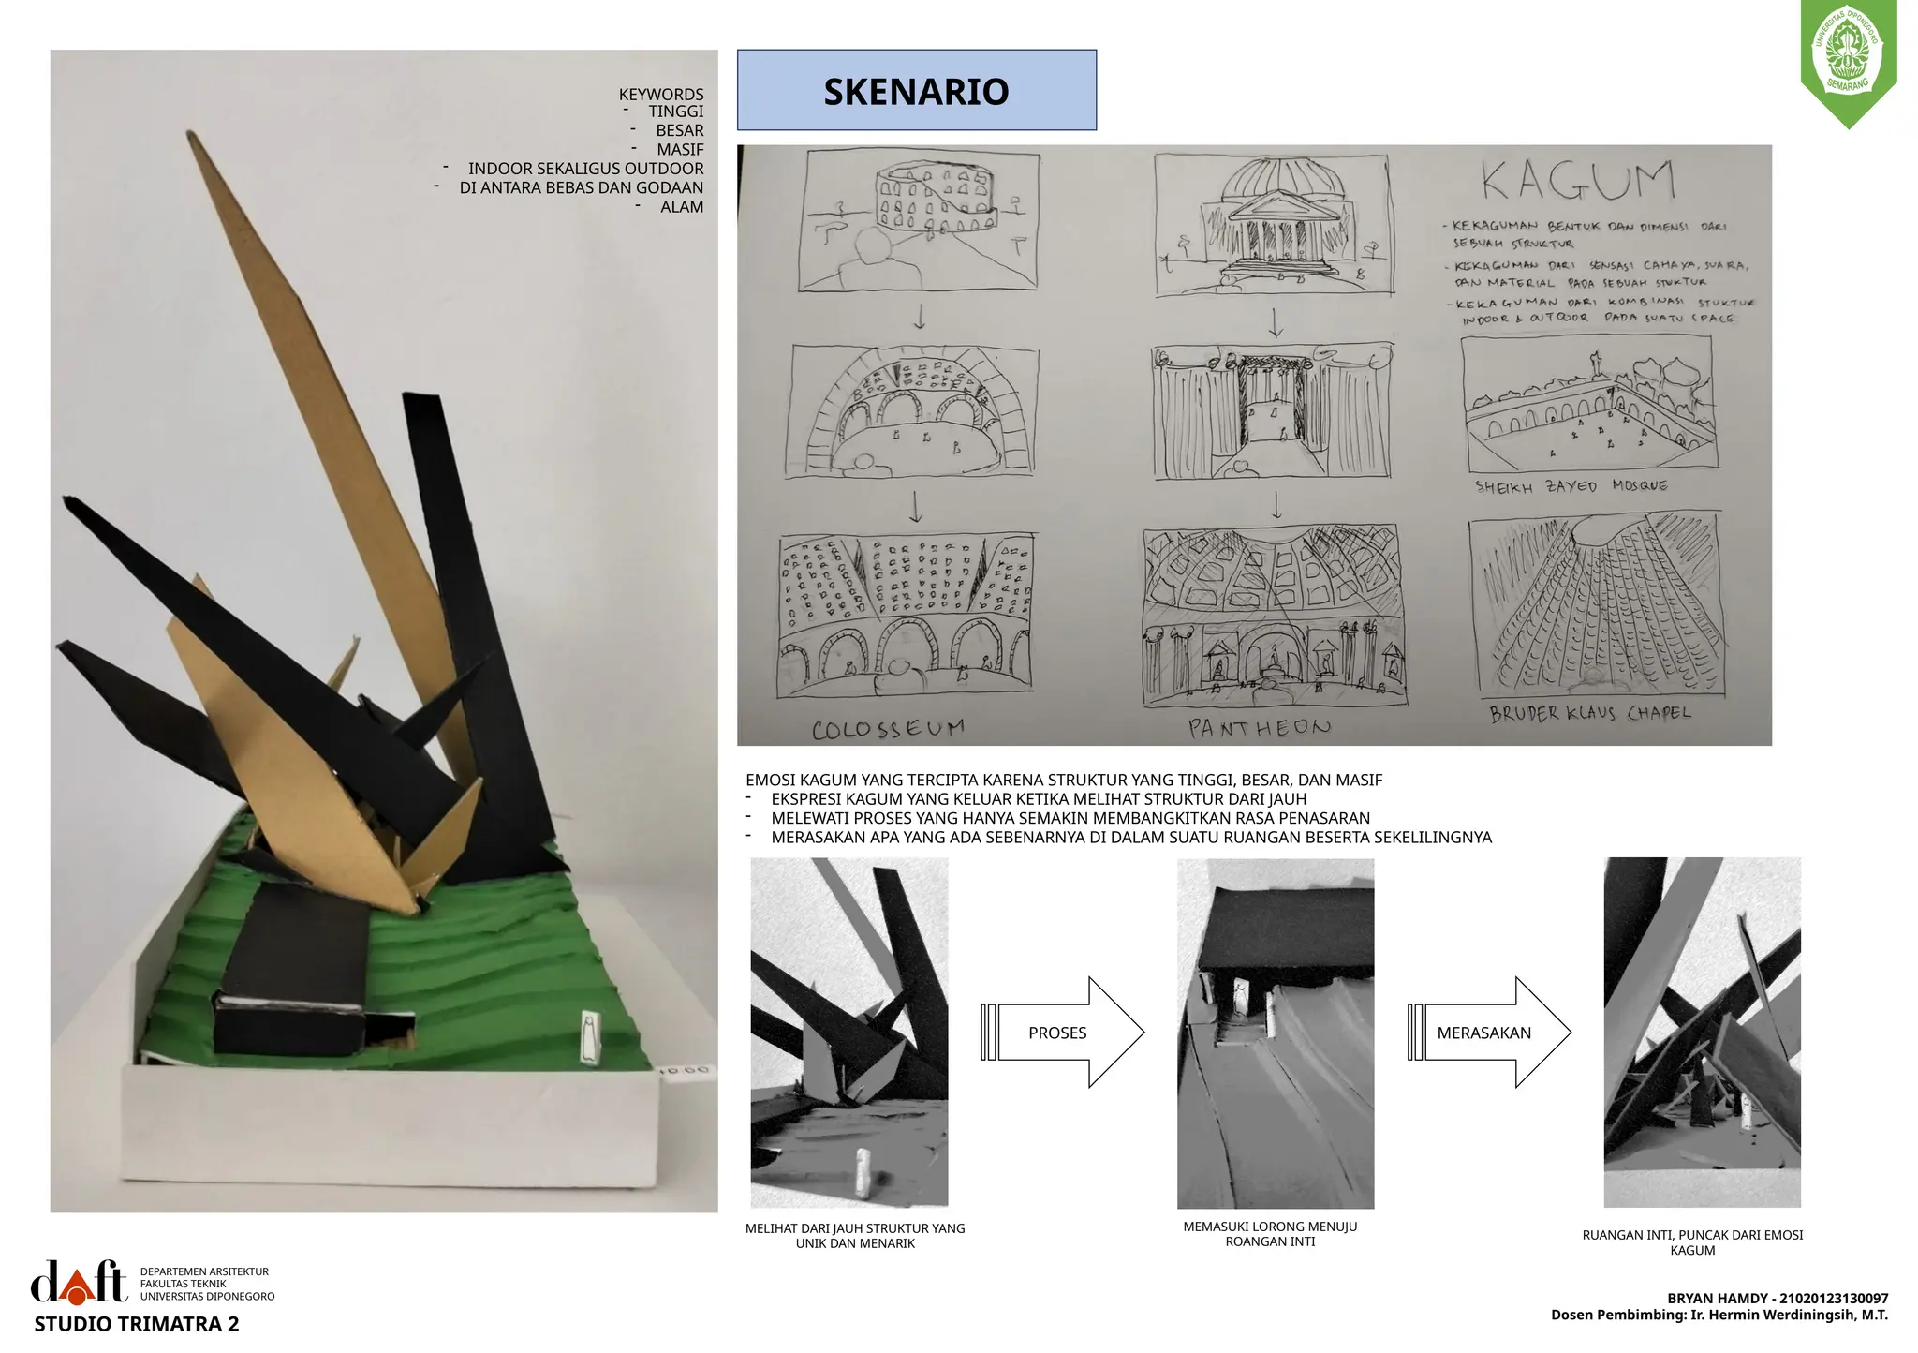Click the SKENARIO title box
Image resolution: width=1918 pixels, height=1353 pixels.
click(916, 90)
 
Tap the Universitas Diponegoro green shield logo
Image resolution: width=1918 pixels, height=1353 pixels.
click(1848, 62)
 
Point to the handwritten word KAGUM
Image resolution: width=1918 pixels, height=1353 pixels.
click(1578, 182)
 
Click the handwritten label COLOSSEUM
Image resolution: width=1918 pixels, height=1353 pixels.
click(888, 729)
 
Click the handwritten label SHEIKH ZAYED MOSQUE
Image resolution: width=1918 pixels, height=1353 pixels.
click(1571, 487)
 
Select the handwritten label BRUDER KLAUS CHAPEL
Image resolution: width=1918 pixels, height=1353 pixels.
click(1590, 714)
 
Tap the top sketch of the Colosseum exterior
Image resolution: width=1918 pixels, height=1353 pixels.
click(919, 221)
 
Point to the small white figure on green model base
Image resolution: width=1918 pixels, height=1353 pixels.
click(589, 1037)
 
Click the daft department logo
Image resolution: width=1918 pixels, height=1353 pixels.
click(80, 1282)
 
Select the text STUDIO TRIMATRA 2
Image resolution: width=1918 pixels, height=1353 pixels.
click(137, 1325)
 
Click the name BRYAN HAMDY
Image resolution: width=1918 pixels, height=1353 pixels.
click(1712, 1299)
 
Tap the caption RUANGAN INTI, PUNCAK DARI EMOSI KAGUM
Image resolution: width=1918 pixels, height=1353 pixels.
click(1692, 1242)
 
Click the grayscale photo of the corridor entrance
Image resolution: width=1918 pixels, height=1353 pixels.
click(1275, 1033)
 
